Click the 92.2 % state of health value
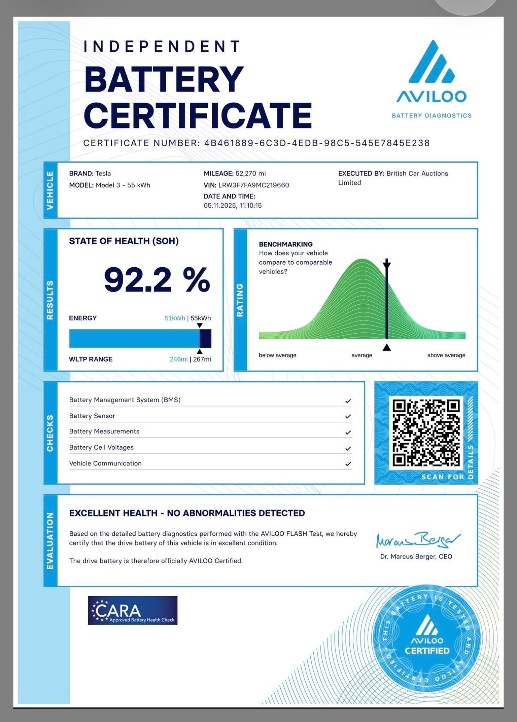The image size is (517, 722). coord(157,280)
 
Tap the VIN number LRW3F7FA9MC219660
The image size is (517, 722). coord(253,185)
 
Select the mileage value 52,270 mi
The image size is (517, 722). coord(250,174)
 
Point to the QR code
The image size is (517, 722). coord(426,432)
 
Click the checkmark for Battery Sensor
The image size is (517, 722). coord(348,417)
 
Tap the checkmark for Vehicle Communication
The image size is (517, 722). coord(348,464)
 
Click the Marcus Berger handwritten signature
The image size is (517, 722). coord(417,540)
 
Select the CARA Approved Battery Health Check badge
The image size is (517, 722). coord(133,610)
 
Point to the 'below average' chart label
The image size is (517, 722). coord(277,355)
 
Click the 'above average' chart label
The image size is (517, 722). coord(446,355)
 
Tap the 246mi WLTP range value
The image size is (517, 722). coord(179,359)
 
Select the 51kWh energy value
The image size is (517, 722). coord(175,318)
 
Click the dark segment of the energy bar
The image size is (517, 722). coord(205,338)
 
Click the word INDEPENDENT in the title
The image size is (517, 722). coord(162,46)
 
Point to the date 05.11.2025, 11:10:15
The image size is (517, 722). coord(233,205)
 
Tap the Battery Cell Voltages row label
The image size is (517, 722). coord(101,448)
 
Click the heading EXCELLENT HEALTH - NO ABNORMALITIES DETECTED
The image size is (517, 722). coord(187,513)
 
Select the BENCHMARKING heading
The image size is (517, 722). coord(285,244)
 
